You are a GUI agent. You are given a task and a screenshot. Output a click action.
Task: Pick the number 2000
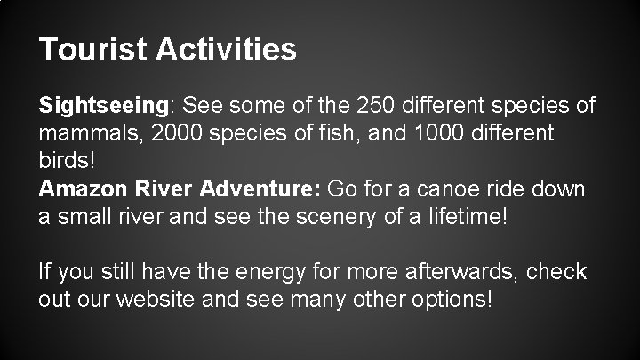coord(173,134)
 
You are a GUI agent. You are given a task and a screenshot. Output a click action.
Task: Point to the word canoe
coord(429,189)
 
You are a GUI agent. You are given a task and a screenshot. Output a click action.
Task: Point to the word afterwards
coord(448,270)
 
